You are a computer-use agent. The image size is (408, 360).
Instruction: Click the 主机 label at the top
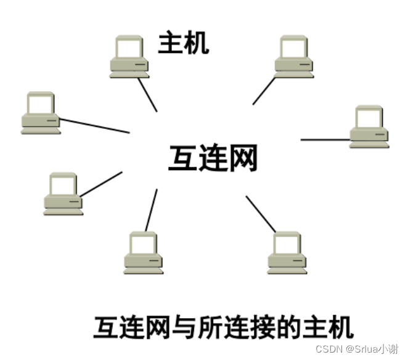point(184,43)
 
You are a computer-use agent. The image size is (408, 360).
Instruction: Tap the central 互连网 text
point(213,158)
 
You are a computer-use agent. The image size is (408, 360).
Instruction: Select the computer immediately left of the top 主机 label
point(129,57)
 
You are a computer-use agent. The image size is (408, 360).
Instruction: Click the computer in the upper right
point(293,57)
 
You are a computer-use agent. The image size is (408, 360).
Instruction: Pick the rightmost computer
point(369,126)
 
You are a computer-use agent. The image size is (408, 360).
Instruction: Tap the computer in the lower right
point(287,253)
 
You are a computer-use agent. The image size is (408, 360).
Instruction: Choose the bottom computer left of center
point(143,253)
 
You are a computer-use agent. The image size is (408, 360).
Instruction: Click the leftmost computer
point(41,113)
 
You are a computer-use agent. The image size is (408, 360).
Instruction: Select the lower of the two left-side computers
point(63,194)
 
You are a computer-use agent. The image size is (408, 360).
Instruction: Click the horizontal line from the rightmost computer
point(325,139)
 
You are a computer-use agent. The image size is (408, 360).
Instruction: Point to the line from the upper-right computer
point(264,91)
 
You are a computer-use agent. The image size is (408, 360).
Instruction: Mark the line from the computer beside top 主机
point(148,94)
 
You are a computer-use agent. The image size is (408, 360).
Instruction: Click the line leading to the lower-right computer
point(261,213)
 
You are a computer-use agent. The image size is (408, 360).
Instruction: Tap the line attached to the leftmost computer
point(94,125)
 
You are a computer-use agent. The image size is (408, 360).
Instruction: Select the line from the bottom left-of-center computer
point(152,210)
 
